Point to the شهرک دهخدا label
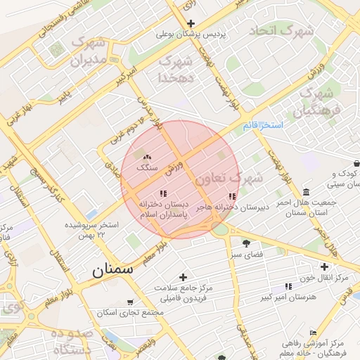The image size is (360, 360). click(x=176, y=69)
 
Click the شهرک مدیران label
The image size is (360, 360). click(x=89, y=52)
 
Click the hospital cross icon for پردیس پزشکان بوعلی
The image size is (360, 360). click(x=191, y=23)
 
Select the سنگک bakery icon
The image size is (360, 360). click(x=148, y=157)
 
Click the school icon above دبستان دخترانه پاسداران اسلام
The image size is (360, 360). click(x=164, y=193)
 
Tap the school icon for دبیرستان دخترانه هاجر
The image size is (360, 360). click(x=233, y=196)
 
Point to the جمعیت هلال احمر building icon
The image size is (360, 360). click(x=306, y=192)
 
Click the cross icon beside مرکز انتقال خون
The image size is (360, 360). click(x=323, y=266)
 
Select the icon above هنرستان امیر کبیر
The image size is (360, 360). click(x=288, y=286)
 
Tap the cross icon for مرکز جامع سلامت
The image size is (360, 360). click(x=184, y=277)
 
